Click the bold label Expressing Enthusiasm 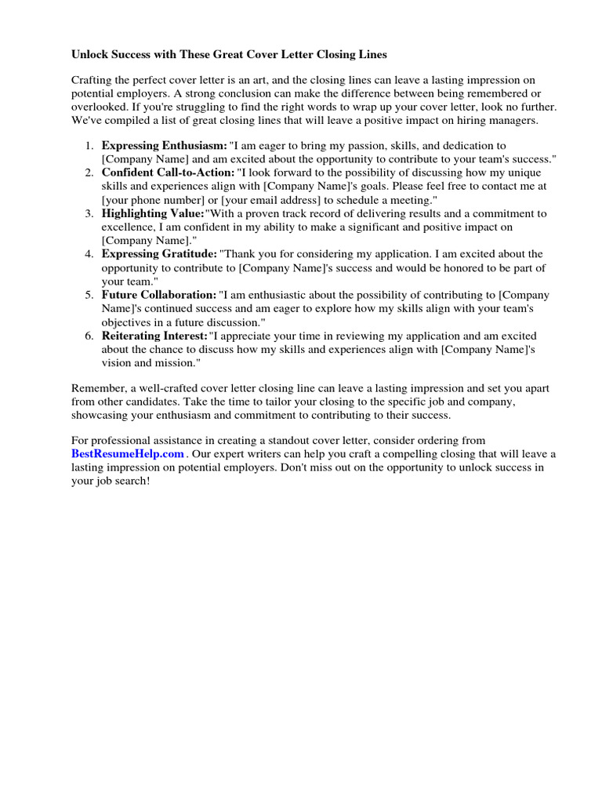pos(164,146)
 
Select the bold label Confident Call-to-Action pos(168,173)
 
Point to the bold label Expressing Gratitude pos(159,254)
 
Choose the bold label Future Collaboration pos(159,295)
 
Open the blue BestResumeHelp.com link pos(128,454)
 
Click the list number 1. pos(89,146)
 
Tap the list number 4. pos(89,254)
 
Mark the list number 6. pos(89,336)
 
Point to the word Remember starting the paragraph pos(98,388)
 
